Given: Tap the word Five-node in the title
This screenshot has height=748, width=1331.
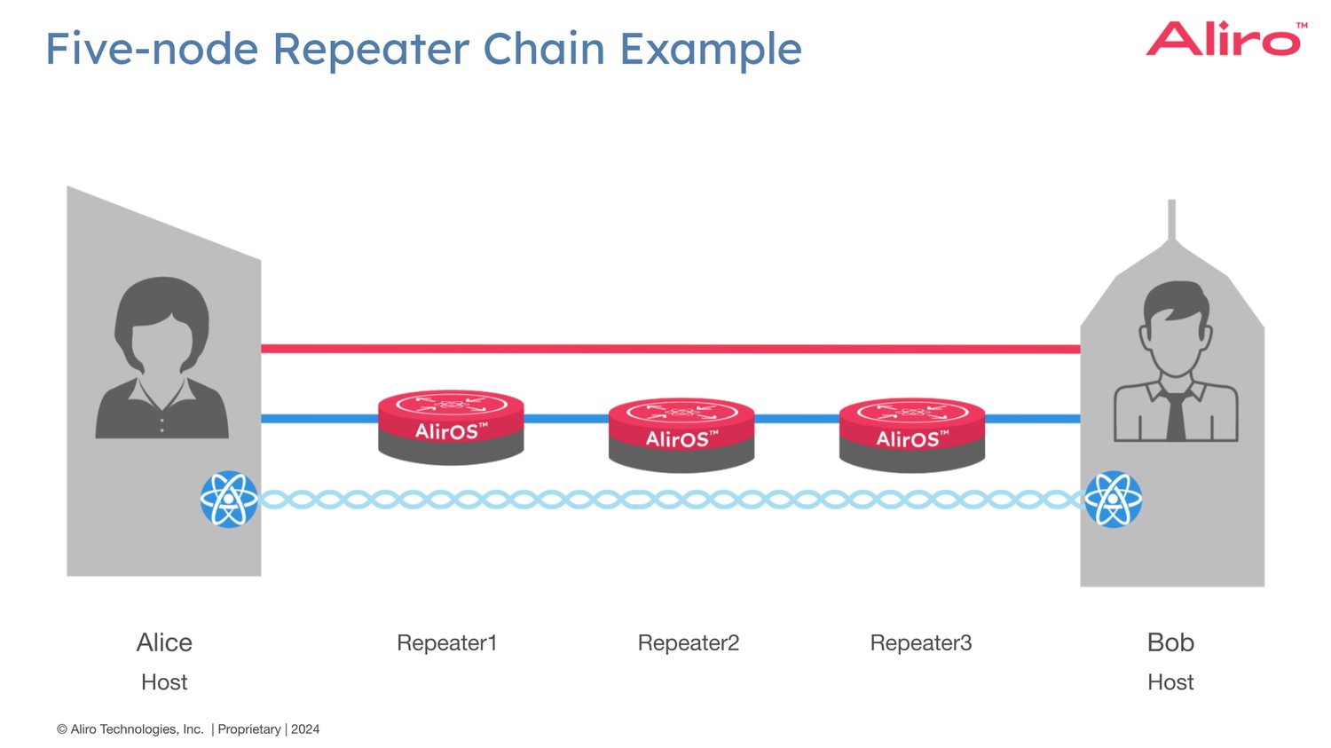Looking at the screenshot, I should tap(152, 49).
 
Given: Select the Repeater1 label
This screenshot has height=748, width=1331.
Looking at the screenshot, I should tap(446, 642).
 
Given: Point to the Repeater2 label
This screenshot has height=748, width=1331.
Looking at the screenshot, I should tap(688, 642).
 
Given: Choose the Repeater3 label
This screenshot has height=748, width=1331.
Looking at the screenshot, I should tap(920, 642).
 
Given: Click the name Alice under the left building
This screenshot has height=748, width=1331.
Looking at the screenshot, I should tap(164, 642).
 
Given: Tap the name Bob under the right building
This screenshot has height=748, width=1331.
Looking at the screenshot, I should tap(1170, 642).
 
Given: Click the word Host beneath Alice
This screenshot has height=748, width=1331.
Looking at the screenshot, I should tap(164, 682).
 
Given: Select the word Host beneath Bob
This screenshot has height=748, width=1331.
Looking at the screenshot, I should tap(1170, 682).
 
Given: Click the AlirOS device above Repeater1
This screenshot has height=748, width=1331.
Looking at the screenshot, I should tap(451, 427).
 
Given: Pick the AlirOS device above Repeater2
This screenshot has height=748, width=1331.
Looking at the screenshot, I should tap(681, 434).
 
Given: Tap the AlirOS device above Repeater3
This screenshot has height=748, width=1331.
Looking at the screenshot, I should tap(912, 434).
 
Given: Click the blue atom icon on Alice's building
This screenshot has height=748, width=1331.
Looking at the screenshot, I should tap(229, 500).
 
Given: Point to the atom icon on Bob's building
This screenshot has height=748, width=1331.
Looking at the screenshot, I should tap(1114, 500).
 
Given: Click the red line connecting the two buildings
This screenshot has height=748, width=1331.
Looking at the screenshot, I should tap(670, 349).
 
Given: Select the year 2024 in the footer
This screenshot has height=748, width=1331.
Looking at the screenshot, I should tap(305, 729).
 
